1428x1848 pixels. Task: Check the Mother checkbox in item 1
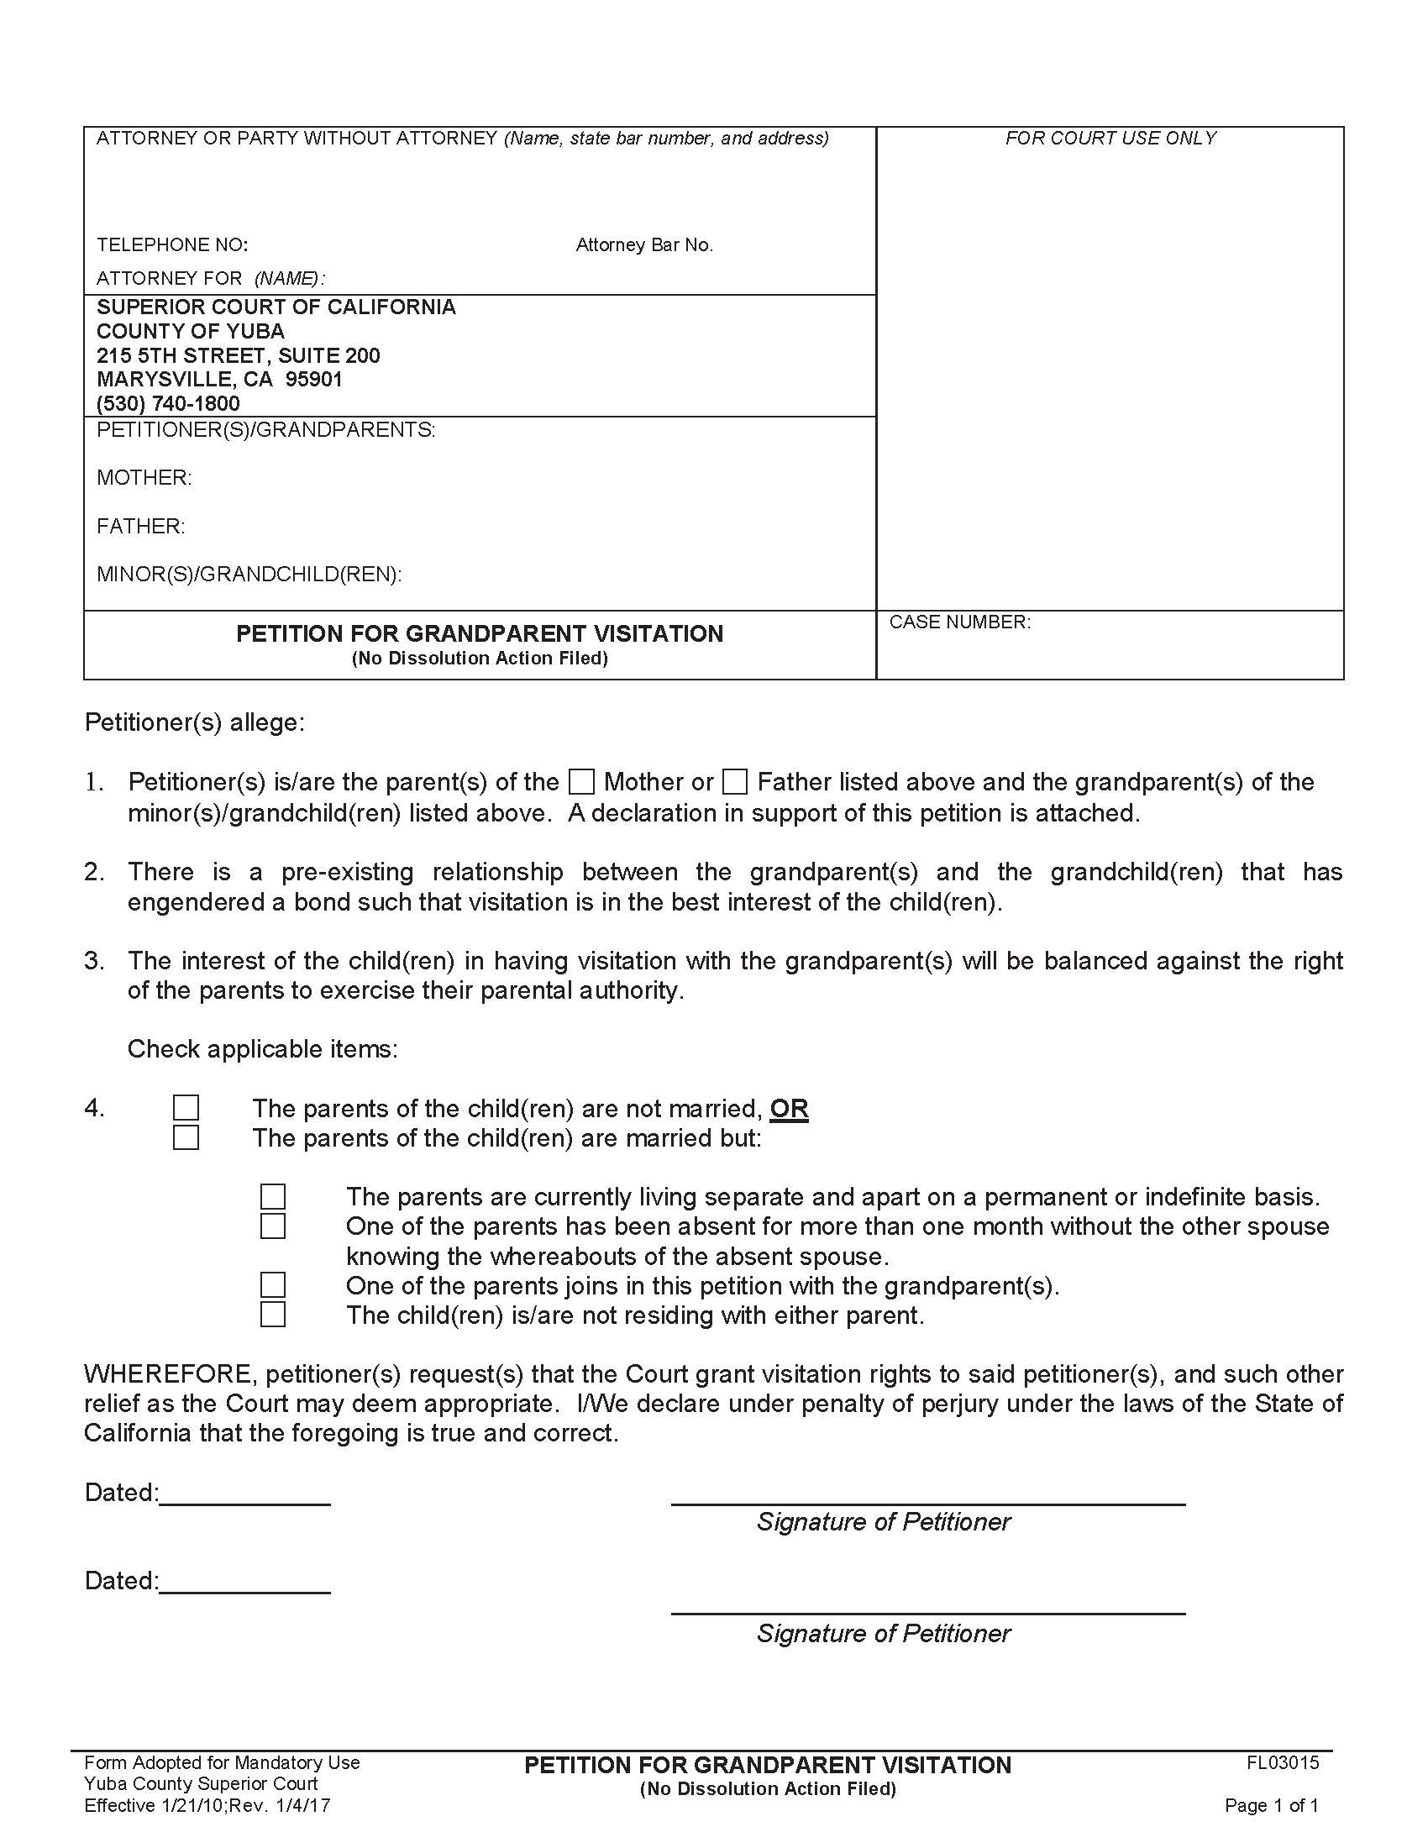[x=582, y=781]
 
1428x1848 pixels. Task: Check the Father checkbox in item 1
[x=735, y=781]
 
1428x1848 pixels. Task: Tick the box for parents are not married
[x=186, y=1108]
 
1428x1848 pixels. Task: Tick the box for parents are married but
[x=186, y=1137]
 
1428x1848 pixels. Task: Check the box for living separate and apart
[x=272, y=1196]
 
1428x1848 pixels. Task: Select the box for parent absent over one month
[x=272, y=1226]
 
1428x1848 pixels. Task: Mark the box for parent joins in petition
[x=272, y=1285]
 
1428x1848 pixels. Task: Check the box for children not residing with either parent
[x=272, y=1314]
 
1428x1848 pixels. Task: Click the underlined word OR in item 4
[x=789, y=1109]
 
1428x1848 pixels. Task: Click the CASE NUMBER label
[x=959, y=622]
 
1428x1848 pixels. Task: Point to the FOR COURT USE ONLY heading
[x=1110, y=139]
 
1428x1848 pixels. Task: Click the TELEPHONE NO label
[x=171, y=245]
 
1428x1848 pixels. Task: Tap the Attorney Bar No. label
[x=643, y=245]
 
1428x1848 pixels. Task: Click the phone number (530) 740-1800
[x=168, y=403]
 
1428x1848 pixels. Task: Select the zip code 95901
[x=314, y=379]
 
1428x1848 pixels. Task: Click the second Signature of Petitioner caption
[x=882, y=1633]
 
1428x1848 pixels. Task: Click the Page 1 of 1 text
[x=1271, y=1806]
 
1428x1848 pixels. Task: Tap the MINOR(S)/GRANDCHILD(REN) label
[x=249, y=575]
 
